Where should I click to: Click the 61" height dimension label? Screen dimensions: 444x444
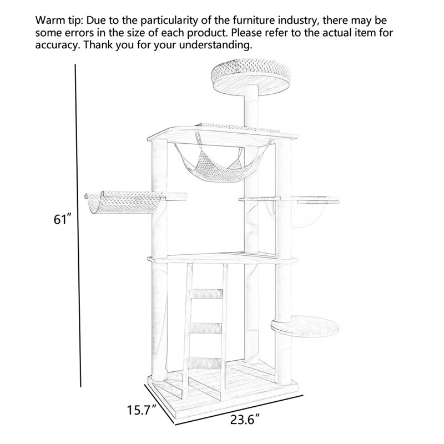click(x=62, y=219)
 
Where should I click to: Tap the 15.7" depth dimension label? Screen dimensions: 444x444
click(x=142, y=410)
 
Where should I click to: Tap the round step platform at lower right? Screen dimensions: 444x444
click(x=305, y=327)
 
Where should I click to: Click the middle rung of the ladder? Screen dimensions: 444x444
click(x=205, y=328)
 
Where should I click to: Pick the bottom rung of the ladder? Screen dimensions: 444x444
click(x=204, y=364)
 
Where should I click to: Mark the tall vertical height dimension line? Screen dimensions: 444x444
click(x=78, y=225)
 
